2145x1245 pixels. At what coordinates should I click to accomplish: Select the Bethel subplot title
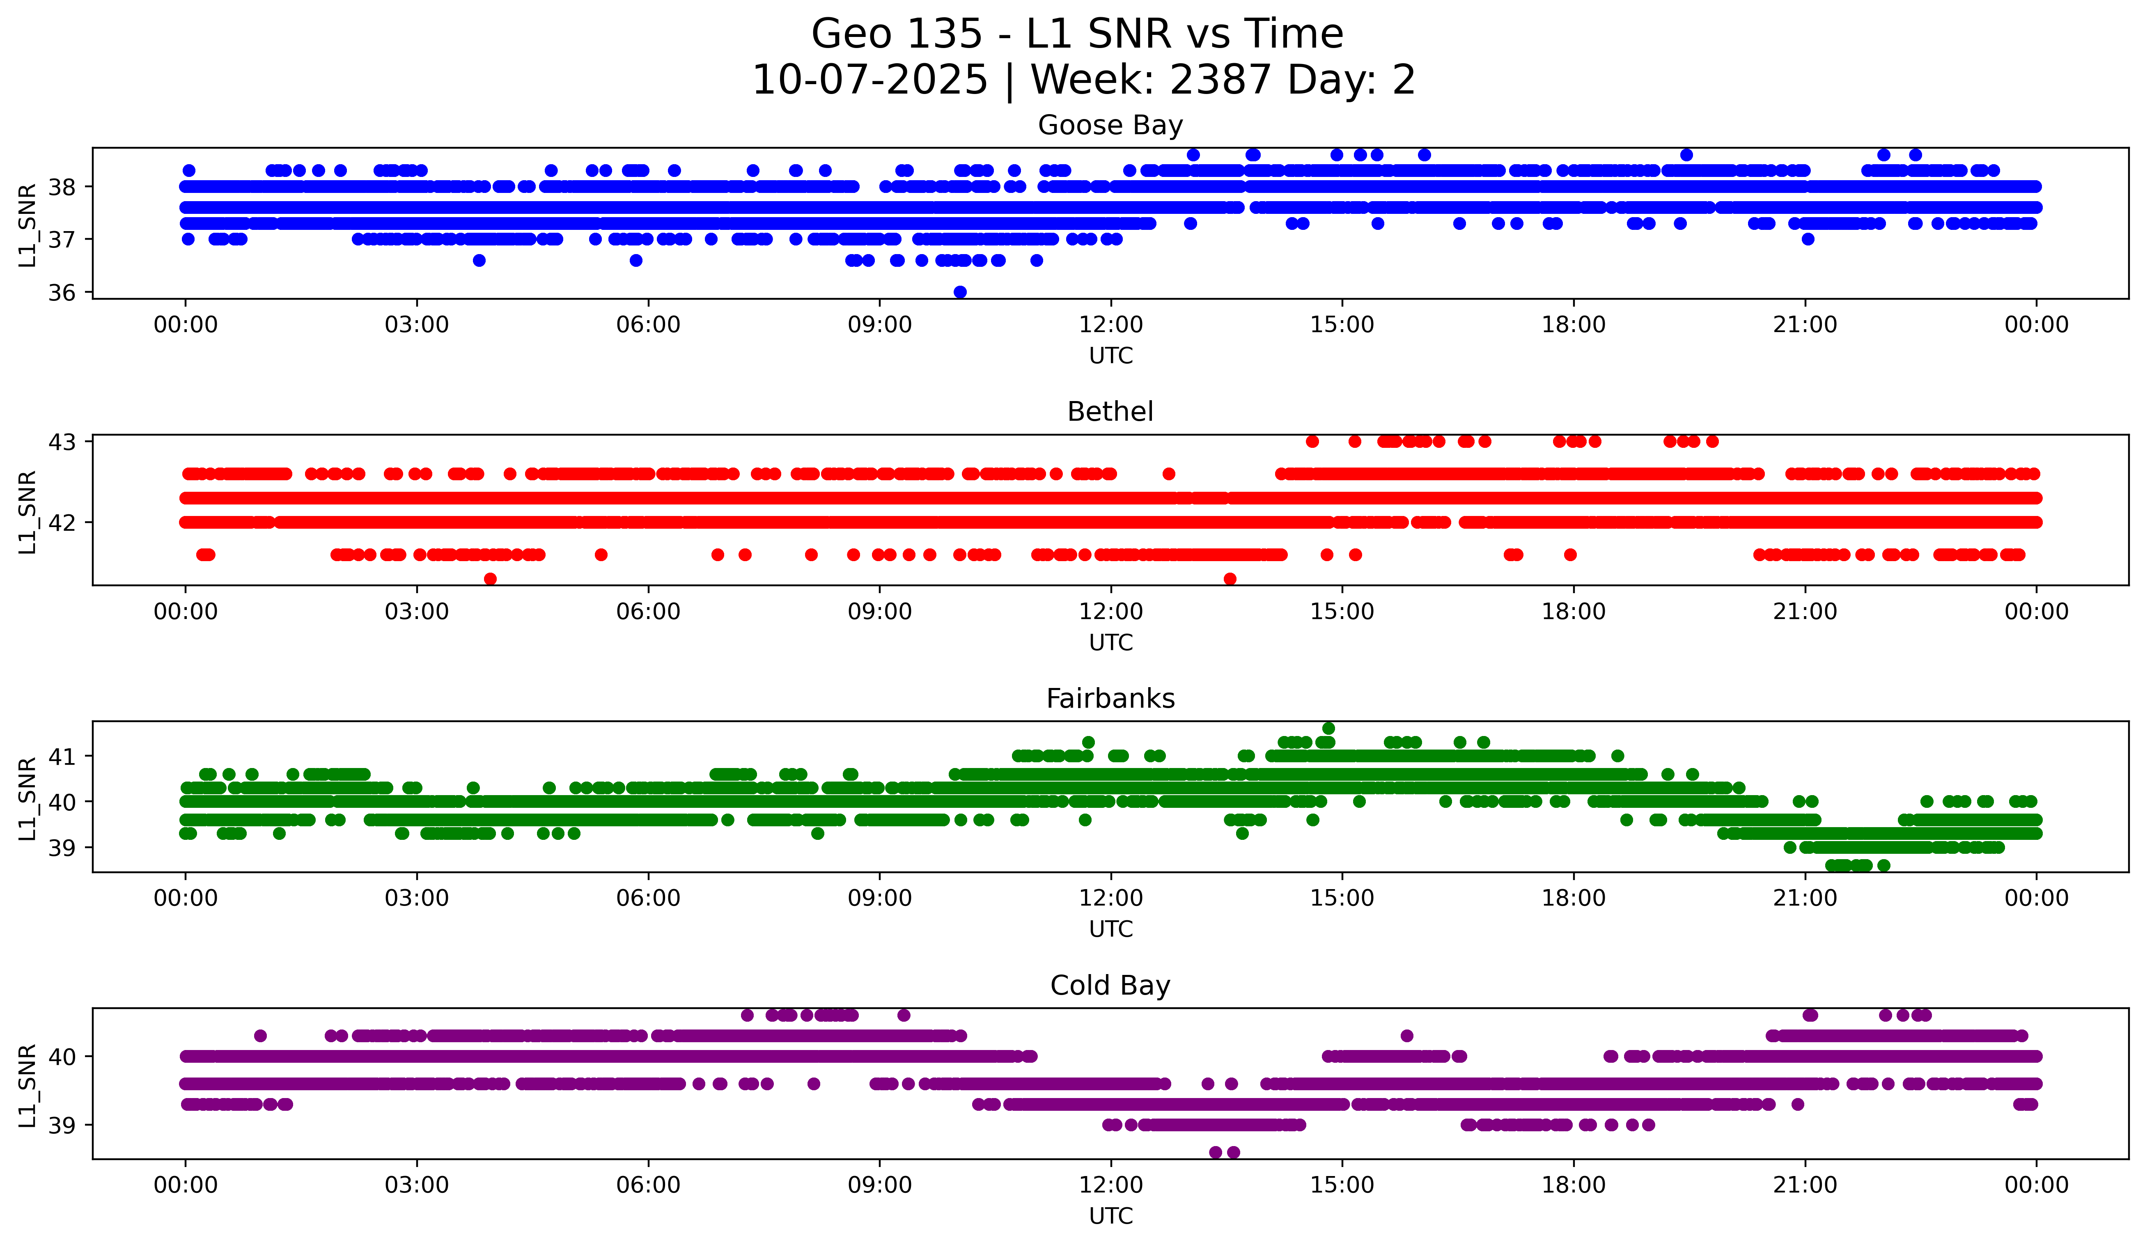(x=1110, y=412)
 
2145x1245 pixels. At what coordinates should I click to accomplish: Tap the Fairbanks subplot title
(x=1110, y=699)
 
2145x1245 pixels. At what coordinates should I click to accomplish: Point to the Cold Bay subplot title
(x=1110, y=986)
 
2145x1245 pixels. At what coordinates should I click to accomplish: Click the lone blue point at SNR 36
(x=960, y=292)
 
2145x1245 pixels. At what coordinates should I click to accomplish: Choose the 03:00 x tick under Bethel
(x=417, y=612)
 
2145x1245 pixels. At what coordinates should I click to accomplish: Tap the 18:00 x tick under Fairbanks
(x=1573, y=899)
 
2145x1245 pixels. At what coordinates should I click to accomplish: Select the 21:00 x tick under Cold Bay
(x=1805, y=1185)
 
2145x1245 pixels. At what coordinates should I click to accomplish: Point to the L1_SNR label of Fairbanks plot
(x=27, y=798)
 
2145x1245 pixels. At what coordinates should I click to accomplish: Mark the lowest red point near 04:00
(x=490, y=579)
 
